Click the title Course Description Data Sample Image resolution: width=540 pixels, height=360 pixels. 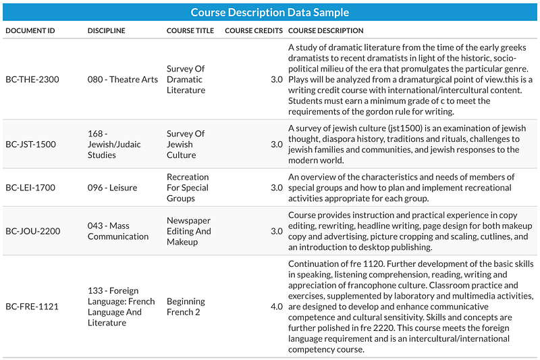[x=269, y=12]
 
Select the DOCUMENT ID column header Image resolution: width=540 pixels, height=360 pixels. [x=30, y=30]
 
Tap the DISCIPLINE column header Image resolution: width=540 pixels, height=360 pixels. [x=107, y=30]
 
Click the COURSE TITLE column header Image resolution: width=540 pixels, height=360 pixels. [x=190, y=30]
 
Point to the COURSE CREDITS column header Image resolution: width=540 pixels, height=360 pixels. [x=254, y=30]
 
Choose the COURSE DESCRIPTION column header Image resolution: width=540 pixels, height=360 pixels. [x=326, y=30]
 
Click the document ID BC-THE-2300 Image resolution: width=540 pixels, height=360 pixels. [x=32, y=80]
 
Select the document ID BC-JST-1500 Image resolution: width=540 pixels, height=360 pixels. [x=30, y=145]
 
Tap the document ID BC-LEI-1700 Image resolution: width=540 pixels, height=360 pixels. [x=30, y=188]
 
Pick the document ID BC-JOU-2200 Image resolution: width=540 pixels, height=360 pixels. [x=32, y=231]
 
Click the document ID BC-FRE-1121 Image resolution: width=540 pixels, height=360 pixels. [x=32, y=307]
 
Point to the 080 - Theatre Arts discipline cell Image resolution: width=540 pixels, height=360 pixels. [x=123, y=80]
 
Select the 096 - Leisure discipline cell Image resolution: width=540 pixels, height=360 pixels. [x=112, y=188]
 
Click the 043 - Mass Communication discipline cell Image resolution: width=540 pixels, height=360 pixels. [x=118, y=231]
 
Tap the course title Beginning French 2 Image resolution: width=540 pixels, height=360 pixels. [x=186, y=307]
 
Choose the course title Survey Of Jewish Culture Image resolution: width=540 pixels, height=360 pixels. [x=186, y=145]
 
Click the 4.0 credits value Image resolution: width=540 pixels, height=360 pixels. [x=277, y=307]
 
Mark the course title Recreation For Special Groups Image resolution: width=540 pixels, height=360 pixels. [x=188, y=188]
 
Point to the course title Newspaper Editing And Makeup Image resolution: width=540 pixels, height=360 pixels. [x=189, y=231]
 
